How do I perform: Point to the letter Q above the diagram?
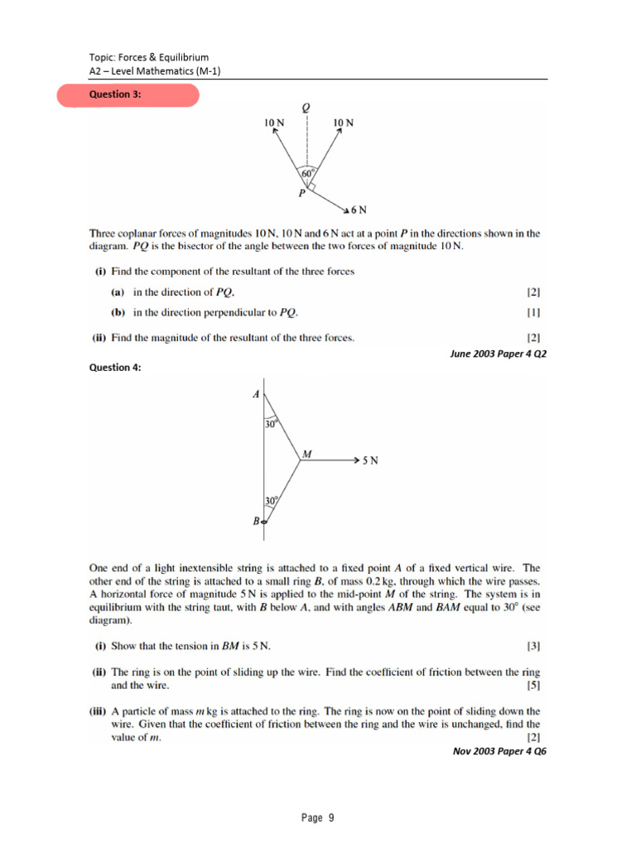[x=306, y=108]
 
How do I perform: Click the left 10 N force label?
[x=275, y=123]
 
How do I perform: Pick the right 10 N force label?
[x=343, y=123]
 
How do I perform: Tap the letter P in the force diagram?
[x=302, y=193]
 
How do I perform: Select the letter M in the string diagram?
[x=307, y=453]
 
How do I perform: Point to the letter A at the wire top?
[x=256, y=394]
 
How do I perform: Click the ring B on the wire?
[x=264, y=522]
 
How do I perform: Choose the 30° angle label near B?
[x=272, y=501]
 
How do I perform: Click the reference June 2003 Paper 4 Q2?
[x=499, y=353]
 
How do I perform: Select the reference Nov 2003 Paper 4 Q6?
[x=499, y=752]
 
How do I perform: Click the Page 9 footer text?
[x=318, y=818]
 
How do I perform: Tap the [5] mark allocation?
[x=533, y=686]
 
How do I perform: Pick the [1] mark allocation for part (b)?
[x=533, y=313]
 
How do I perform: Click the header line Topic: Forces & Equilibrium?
[x=149, y=57]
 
